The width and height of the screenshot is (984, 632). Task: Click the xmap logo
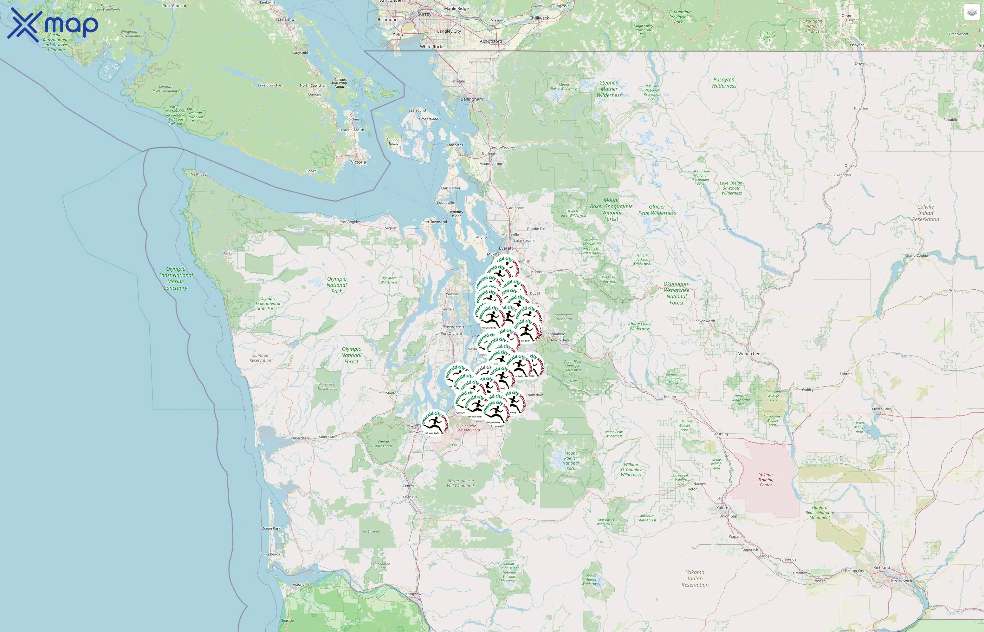pyautogui.click(x=53, y=25)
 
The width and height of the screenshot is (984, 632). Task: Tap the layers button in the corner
pyautogui.click(x=971, y=12)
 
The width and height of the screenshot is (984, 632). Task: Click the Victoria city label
pyautogui.click(x=358, y=162)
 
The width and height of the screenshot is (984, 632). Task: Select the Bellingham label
pyautogui.click(x=472, y=99)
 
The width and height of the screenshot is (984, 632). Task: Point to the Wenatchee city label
pyautogui.click(x=749, y=354)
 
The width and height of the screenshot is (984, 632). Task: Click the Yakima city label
pyautogui.click(x=723, y=508)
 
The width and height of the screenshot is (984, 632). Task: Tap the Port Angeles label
pyautogui.click(x=350, y=222)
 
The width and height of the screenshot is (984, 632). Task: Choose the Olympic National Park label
pyautogui.click(x=337, y=285)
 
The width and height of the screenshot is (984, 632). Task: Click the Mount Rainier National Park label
pyautogui.click(x=570, y=460)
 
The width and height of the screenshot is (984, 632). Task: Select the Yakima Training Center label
pyautogui.click(x=765, y=479)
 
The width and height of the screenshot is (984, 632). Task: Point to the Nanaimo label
pyautogui.click(x=285, y=19)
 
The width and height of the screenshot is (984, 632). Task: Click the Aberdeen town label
pyautogui.click(x=300, y=438)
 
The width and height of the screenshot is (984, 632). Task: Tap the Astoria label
pyautogui.click(x=299, y=584)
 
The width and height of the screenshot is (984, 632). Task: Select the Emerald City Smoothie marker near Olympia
pyautogui.click(x=434, y=423)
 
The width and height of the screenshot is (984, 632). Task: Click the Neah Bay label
pyautogui.click(x=198, y=175)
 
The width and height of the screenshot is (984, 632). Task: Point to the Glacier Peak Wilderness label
pyautogui.click(x=657, y=210)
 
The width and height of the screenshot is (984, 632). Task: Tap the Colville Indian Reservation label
pyautogui.click(x=925, y=213)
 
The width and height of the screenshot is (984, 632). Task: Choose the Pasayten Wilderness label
pyautogui.click(x=724, y=83)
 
